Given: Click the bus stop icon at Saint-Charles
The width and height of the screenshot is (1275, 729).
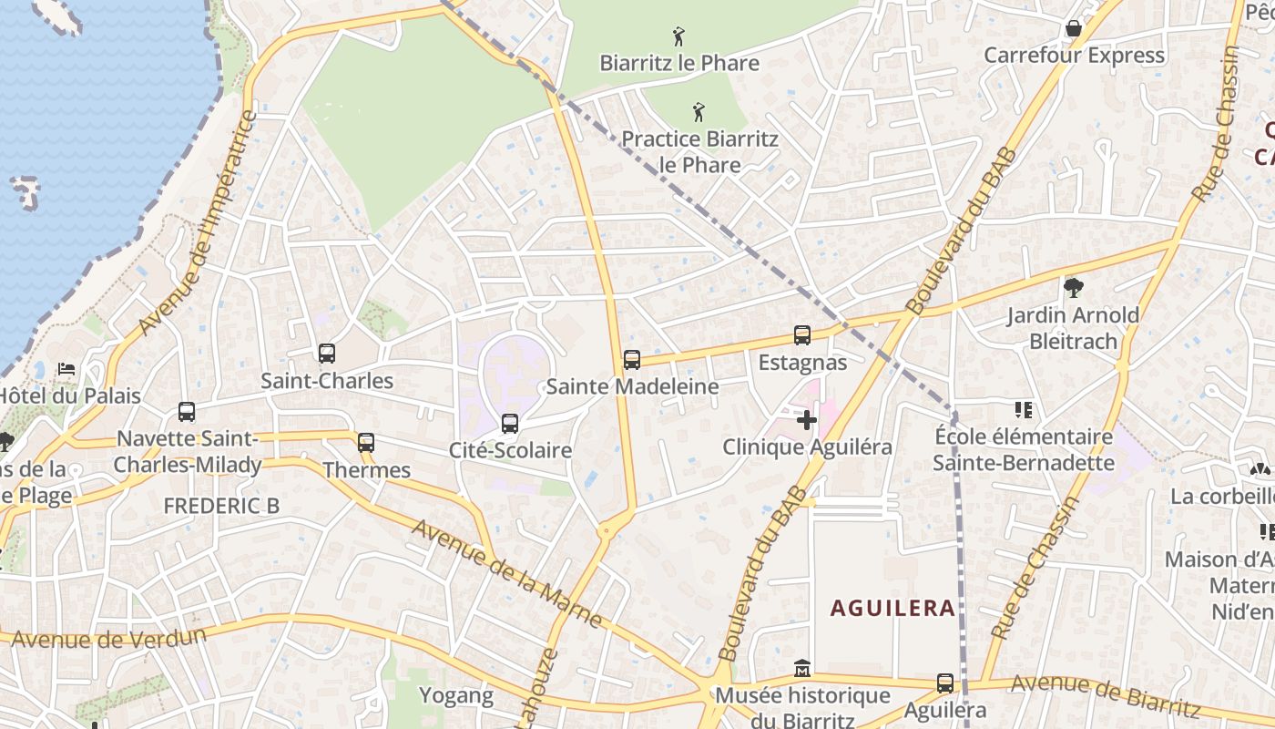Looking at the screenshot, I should [x=326, y=354].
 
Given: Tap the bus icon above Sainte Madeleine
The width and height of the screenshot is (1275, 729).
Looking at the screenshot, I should [x=632, y=360].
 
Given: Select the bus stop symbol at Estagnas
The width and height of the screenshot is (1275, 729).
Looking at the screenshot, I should [x=802, y=335].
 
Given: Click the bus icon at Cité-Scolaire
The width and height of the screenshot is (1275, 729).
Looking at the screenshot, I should [x=510, y=424].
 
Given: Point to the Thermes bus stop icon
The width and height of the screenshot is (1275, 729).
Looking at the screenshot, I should [x=366, y=443].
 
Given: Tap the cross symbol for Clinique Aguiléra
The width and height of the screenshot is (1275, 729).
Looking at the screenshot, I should [x=807, y=420].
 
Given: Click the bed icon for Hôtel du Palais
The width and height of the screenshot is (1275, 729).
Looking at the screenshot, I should [x=67, y=369].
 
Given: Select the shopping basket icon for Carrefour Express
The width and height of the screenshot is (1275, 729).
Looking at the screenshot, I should [x=1074, y=28].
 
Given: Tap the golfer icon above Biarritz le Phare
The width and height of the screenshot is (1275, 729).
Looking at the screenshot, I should [x=678, y=37].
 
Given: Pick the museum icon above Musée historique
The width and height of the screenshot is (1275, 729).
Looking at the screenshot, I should [x=801, y=669].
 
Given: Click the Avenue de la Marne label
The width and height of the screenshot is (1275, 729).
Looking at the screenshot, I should [x=506, y=573].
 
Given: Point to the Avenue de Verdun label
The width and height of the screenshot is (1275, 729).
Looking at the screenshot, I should [x=108, y=637].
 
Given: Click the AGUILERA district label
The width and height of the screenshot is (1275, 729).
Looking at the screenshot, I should [x=892, y=608].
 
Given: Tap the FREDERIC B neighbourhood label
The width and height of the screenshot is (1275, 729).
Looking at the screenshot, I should [x=221, y=506].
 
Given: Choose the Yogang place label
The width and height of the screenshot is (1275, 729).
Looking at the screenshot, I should [x=455, y=696].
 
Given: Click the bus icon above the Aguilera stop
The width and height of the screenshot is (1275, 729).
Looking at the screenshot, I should [x=945, y=683].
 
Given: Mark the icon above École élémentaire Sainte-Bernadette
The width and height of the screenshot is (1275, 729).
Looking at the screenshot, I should [x=1024, y=410].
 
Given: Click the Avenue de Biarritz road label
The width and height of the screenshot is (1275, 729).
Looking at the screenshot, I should [x=1105, y=694].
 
